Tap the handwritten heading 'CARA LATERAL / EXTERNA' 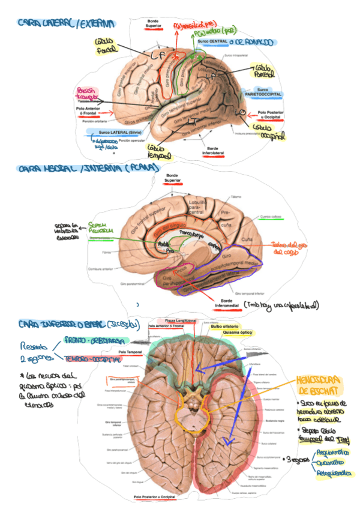(66, 23)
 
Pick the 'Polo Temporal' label (130, 352)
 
